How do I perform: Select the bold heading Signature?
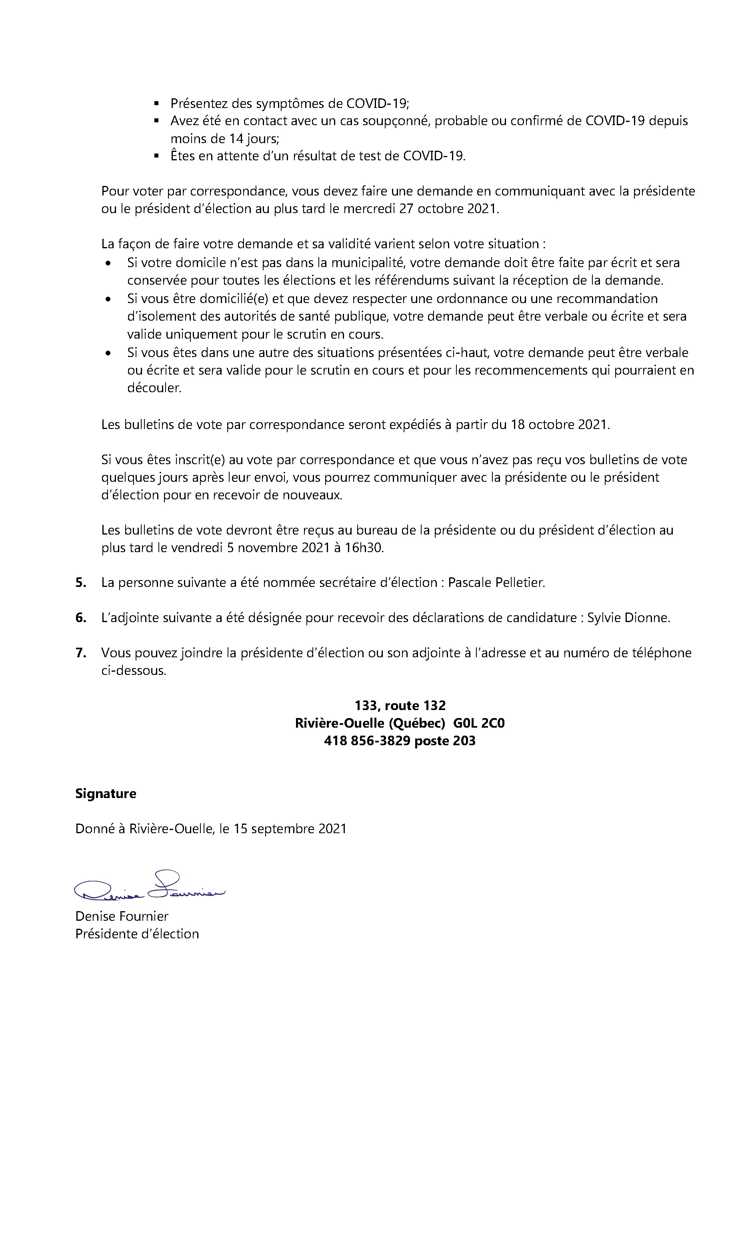click(x=106, y=794)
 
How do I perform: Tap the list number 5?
click(x=80, y=583)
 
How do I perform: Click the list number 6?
click(x=80, y=617)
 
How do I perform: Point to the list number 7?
click(x=80, y=652)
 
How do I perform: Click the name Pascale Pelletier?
click(x=496, y=583)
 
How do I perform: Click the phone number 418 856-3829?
click(x=367, y=740)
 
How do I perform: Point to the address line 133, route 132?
click(x=400, y=705)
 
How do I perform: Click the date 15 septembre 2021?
click(x=290, y=828)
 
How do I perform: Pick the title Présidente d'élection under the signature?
click(x=137, y=934)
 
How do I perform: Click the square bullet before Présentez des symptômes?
click(x=156, y=104)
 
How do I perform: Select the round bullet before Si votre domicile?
click(x=108, y=263)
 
